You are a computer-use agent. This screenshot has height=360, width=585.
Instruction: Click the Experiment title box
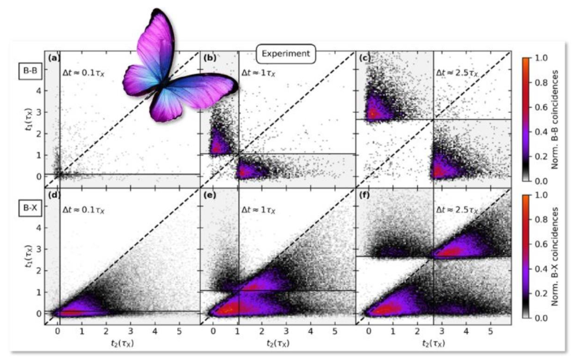[x=286, y=54]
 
